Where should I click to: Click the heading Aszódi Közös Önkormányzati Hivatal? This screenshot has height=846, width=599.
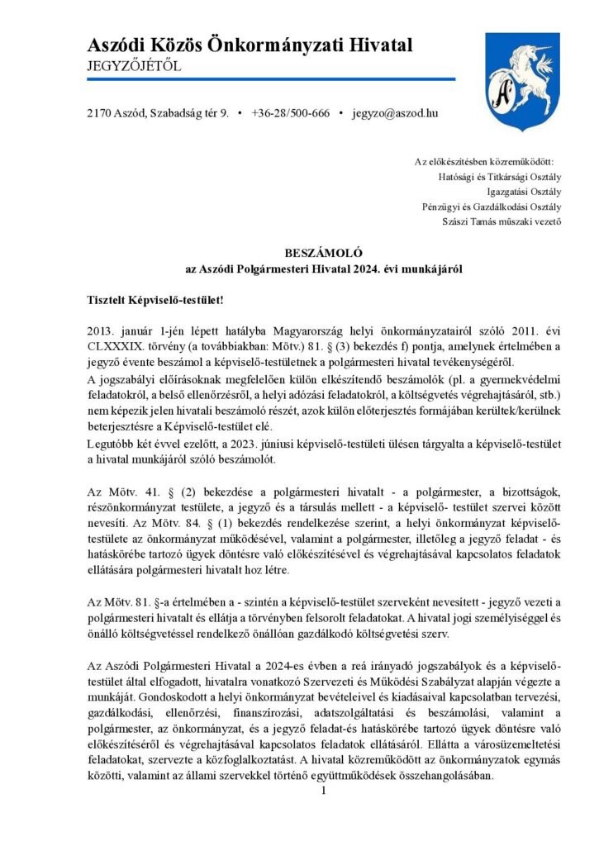(x=250, y=45)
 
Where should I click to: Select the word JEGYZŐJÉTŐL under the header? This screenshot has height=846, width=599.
(x=134, y=65)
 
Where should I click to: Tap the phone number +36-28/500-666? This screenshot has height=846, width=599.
(x=290, y=112)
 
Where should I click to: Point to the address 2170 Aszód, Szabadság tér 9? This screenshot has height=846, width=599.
(x=157, y=112)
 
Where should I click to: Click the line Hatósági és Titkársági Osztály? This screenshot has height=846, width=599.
(x=500, y=176)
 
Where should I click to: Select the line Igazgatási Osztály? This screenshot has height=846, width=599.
(x=521, y=191)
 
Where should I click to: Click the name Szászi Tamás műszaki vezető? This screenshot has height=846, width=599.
(x=502, y=221)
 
